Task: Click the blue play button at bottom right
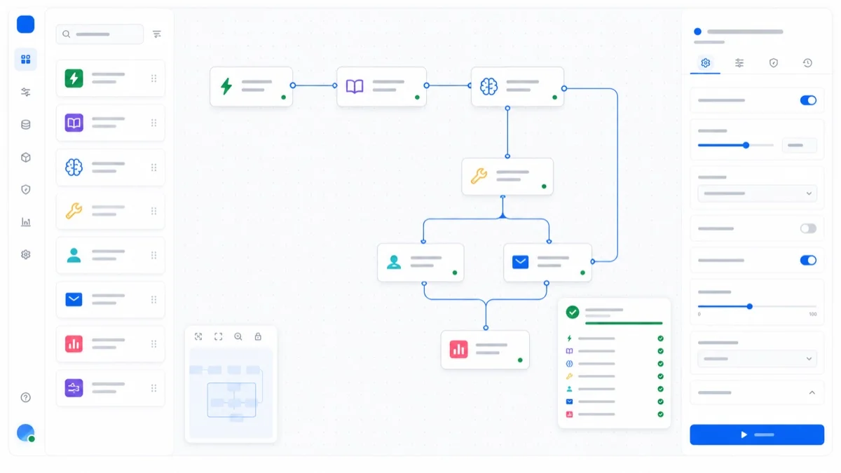(x=756, y=434)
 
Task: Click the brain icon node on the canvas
(x=517, y=87)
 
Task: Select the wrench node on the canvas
(x=507, y=176)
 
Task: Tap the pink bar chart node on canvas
(x=485, y=350)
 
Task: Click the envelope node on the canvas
(x=547, y=262)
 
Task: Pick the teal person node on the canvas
(x=420, y=262)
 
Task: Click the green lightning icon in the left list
(x=74, y=78)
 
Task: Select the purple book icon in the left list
(x=74, y=123)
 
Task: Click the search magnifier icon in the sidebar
(x=67, y=34)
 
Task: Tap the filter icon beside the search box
(x=157, y=34)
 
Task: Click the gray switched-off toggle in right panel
(x=808, y=228)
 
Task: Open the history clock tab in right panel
(x=807, y=62)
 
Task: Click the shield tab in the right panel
(x=774, y=62)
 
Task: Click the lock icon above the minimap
(x=258, y=336)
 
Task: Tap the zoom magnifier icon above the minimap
(x=238, y=336)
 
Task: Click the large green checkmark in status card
(x=572, y=312)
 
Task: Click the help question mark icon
(x=25, y=397)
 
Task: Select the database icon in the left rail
(x=25, y=125)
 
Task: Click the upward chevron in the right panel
(x=812, y=392)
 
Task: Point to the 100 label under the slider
(x=812, y=314)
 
